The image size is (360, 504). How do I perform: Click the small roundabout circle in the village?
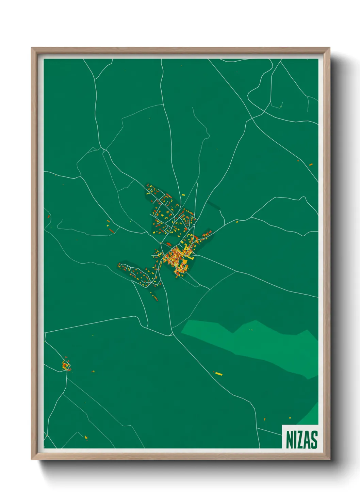pyautogui.click(x=194, y=225)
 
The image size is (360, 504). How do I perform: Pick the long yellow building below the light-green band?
pyautogui.click(x=218, y=374)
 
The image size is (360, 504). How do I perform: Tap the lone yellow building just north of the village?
pyautogui.click(x=183, y=195)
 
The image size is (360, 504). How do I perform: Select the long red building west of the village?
pyautogui.click(x=111, y=231)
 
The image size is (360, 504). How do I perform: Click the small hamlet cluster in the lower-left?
pyautogui.click(x=66, y=365)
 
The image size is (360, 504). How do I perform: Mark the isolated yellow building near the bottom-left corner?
pyautogui.click(x=86, y=437)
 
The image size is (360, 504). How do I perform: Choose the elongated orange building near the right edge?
pyautogui.click(x=311, y=165)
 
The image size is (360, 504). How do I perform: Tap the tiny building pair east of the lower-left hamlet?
pyautogui.click(x=93, y=372)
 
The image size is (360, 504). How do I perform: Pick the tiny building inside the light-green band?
pyautogui.click(x=252, y=329)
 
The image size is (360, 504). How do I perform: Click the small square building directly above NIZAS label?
pyautogui.click(x=290, y=417)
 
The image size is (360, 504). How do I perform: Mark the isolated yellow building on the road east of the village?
pyautogui.click(x=237, y=222)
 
